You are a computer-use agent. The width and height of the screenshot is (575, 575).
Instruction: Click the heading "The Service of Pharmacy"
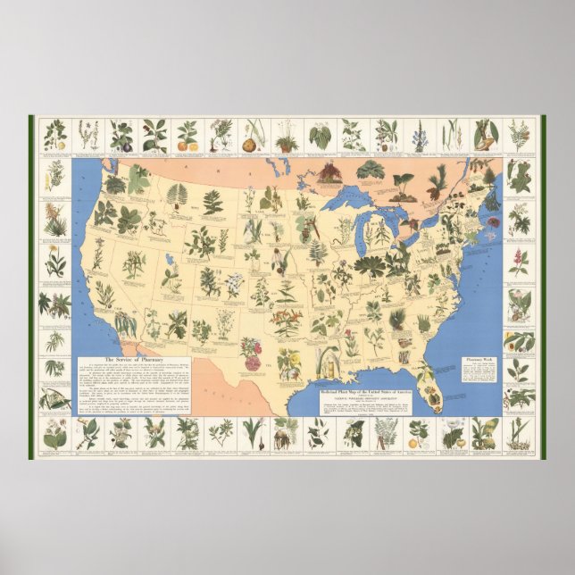coord(123,358)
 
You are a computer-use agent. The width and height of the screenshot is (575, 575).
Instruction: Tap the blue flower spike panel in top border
coord(418,136)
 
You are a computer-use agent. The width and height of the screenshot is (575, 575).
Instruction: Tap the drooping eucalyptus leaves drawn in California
coord(122,322)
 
